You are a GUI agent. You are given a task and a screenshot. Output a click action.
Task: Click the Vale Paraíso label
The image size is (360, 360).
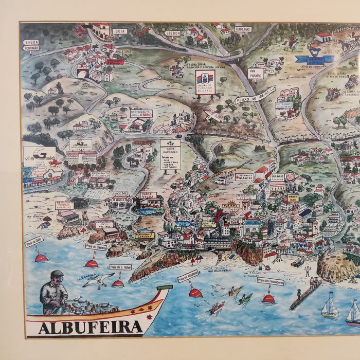(x=255, y=73)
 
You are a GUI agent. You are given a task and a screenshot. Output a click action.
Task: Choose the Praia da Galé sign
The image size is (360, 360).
(x=34, y=241)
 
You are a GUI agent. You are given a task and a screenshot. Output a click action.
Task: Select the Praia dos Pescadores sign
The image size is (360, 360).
(x=269, y=281)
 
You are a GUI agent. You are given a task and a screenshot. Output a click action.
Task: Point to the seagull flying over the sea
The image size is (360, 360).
(x=98, y=280)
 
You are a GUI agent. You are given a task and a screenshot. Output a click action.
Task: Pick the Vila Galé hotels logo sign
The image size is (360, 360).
(x=40, y=154)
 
